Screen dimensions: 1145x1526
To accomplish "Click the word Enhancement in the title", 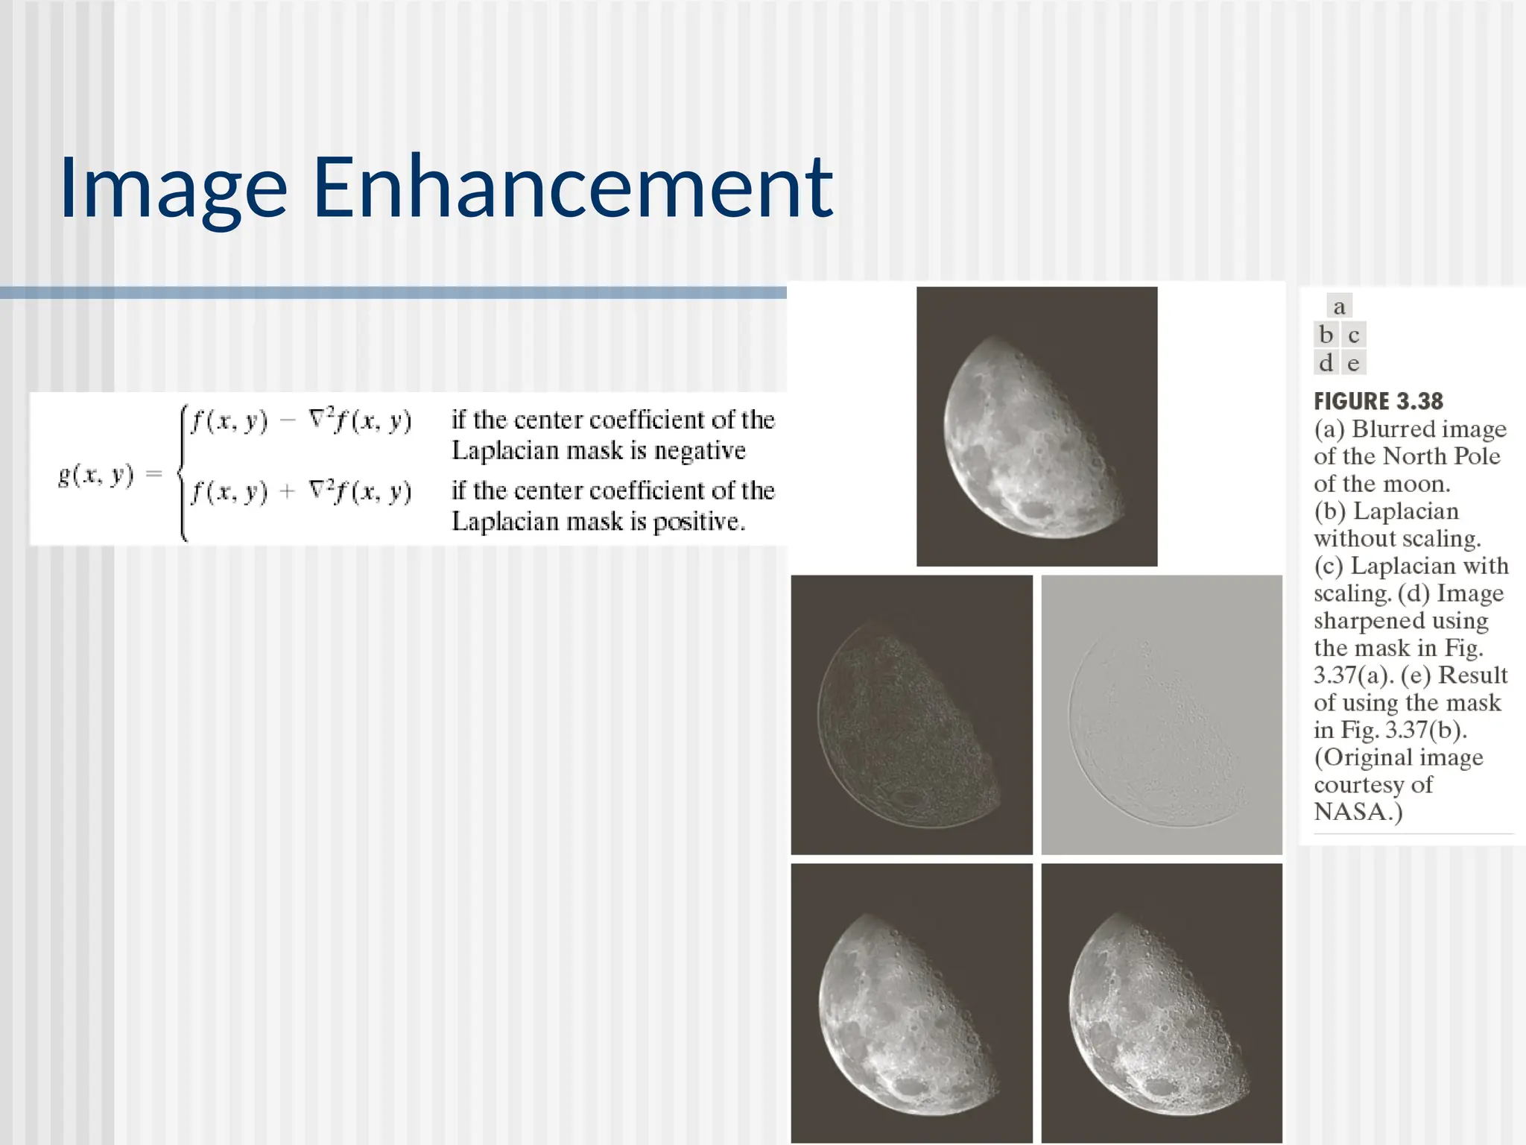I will [572, 188].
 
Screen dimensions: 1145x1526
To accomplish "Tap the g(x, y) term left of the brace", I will [96, 475].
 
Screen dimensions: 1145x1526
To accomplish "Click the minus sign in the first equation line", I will [288, 420].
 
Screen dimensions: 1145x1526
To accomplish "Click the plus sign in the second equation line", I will [288, 491].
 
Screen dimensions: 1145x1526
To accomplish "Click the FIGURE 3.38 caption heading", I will [1378, 402].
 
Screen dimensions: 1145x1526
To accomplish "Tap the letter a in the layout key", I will [1339, 306].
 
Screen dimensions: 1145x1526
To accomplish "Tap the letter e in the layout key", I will [1353, 363].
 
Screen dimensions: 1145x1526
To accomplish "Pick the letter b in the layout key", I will [1326, 335].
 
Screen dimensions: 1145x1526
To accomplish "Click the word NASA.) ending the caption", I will [1358, 812].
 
